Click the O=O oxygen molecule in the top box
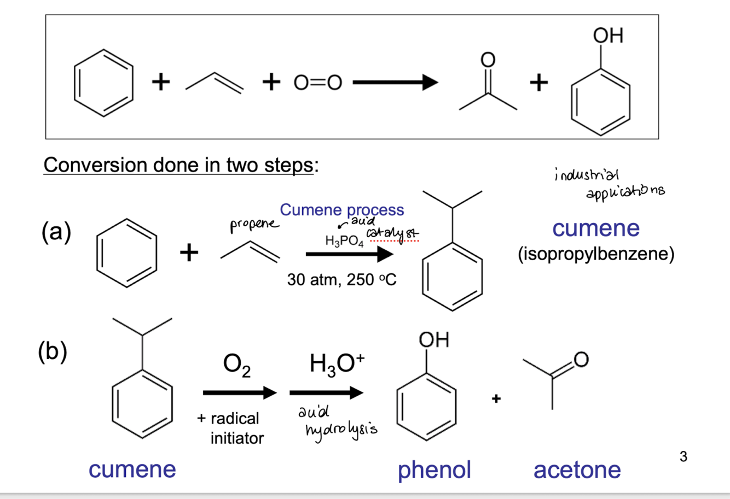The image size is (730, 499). [x=318, y=83]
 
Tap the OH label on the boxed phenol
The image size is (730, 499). [x=608, y=35]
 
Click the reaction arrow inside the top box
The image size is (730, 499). [x=395, y=83]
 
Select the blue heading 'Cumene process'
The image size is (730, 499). [x=342, y=210]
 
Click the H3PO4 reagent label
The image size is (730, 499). [x=344, y=241]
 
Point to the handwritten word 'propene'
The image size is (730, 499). [x=254, y=225]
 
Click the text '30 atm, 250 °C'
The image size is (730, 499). [x=342, y=279]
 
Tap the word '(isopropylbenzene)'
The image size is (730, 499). [x=596, y=254]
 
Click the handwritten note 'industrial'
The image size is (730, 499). [x=586, y=174]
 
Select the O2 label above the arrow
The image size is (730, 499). [x=237, y=365]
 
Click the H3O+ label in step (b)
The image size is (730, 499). [x=337, y=365]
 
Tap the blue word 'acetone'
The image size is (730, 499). [x=577, y=471]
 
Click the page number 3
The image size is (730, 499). [x=683, y=456]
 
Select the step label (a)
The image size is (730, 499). [x=56, y=231]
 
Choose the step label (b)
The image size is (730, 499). [x=53, y=352]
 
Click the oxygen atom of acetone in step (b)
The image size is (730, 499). [x=581, y=360]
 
